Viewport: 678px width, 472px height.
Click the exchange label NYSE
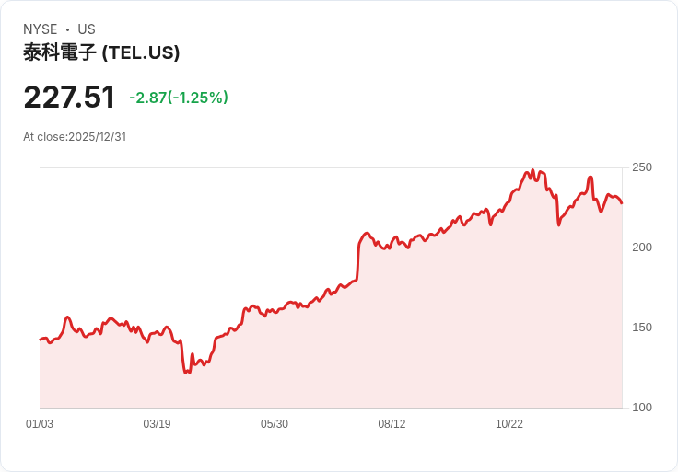[x=41, y=29]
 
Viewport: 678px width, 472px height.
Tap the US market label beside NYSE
[x=86, y=29]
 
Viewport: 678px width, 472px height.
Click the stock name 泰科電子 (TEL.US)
[x=101, y=52]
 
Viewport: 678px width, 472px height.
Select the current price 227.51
[x=69, y=98]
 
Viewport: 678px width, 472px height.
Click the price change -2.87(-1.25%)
[x=179, y=98]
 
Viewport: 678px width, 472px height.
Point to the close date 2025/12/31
[x=97, y=137]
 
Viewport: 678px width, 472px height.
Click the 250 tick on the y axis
[x=642, y=167]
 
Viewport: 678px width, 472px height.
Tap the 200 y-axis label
[x=642, y=248]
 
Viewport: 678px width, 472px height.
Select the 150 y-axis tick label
[x=642, y=328]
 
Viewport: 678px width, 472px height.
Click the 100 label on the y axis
[x=642, y=408]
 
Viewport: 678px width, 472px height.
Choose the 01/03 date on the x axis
[x=40, y=424]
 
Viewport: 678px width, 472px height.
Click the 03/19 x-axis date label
[x=157, y=424]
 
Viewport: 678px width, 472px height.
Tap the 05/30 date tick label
[x=275, y=424]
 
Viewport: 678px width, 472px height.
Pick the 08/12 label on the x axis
[x=392, y=424]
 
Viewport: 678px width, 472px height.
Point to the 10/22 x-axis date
[x=509, y=424]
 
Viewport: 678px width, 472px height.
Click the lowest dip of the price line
[x=186, y=373]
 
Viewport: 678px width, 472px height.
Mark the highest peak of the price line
[x=532, y=170]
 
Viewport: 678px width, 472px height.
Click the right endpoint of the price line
[x=622, y=203]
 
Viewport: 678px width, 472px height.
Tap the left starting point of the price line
[x=40, y=340]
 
